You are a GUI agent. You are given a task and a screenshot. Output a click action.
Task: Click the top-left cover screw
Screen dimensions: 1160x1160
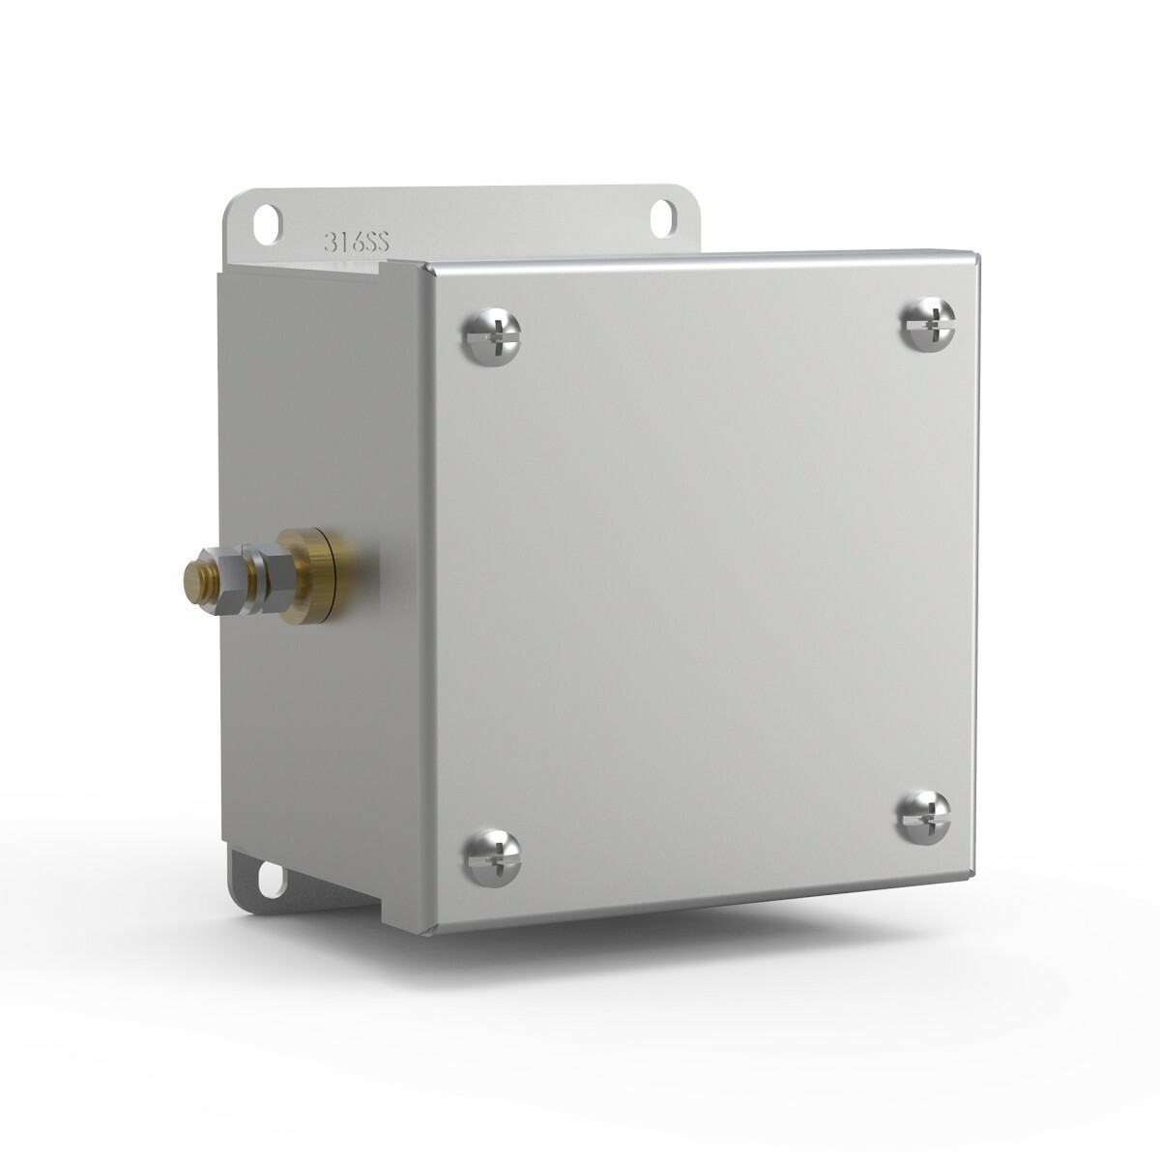[491, 335]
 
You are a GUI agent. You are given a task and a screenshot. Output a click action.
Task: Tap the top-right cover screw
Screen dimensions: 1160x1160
[929, 324]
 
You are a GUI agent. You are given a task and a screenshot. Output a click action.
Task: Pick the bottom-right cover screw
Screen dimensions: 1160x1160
[925, 817]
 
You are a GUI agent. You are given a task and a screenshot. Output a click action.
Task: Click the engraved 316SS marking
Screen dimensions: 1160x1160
[357, 242]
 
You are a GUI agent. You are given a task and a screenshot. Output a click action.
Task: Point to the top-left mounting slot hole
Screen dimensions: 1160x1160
[267, 224]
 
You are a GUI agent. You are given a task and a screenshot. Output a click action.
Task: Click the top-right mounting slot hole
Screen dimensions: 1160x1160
[663, 217]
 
